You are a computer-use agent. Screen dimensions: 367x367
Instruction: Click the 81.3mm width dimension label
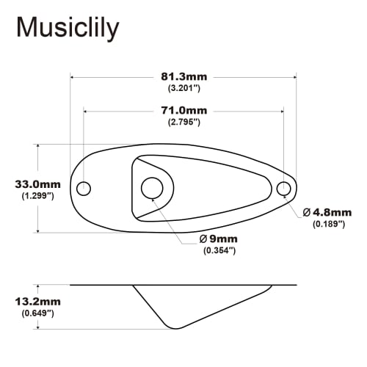pyautogui.click(x=184, y=75)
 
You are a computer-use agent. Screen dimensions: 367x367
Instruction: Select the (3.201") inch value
pyautogui.click(x=184, y=87)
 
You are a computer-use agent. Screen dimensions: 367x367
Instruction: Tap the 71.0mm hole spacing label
pyautogui.click(x=184, y=110)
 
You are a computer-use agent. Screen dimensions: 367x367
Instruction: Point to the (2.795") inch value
pyautogui.click(x=184, y=122)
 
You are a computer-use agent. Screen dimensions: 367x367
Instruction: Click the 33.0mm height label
pyautogui.click(x=37, y=184)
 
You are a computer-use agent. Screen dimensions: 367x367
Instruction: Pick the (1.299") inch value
pyautogui.click(x=37, y=196)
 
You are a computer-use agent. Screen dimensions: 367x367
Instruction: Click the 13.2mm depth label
pyautogui.click(x=37, y=302)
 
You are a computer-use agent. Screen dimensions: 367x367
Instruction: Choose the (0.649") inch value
pyautogui.click(x=37, y=313)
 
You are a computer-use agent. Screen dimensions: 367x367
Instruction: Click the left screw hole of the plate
pyautogui.click(x=84, y=188)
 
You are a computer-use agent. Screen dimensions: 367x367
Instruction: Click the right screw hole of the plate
pyautogui.click(x=284, y=189)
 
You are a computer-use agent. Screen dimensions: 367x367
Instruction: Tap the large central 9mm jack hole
pyautogui.click(x=153, y=187)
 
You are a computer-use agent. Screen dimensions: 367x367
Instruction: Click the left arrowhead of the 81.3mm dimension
pyautogui.click(x=73, y=75)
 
